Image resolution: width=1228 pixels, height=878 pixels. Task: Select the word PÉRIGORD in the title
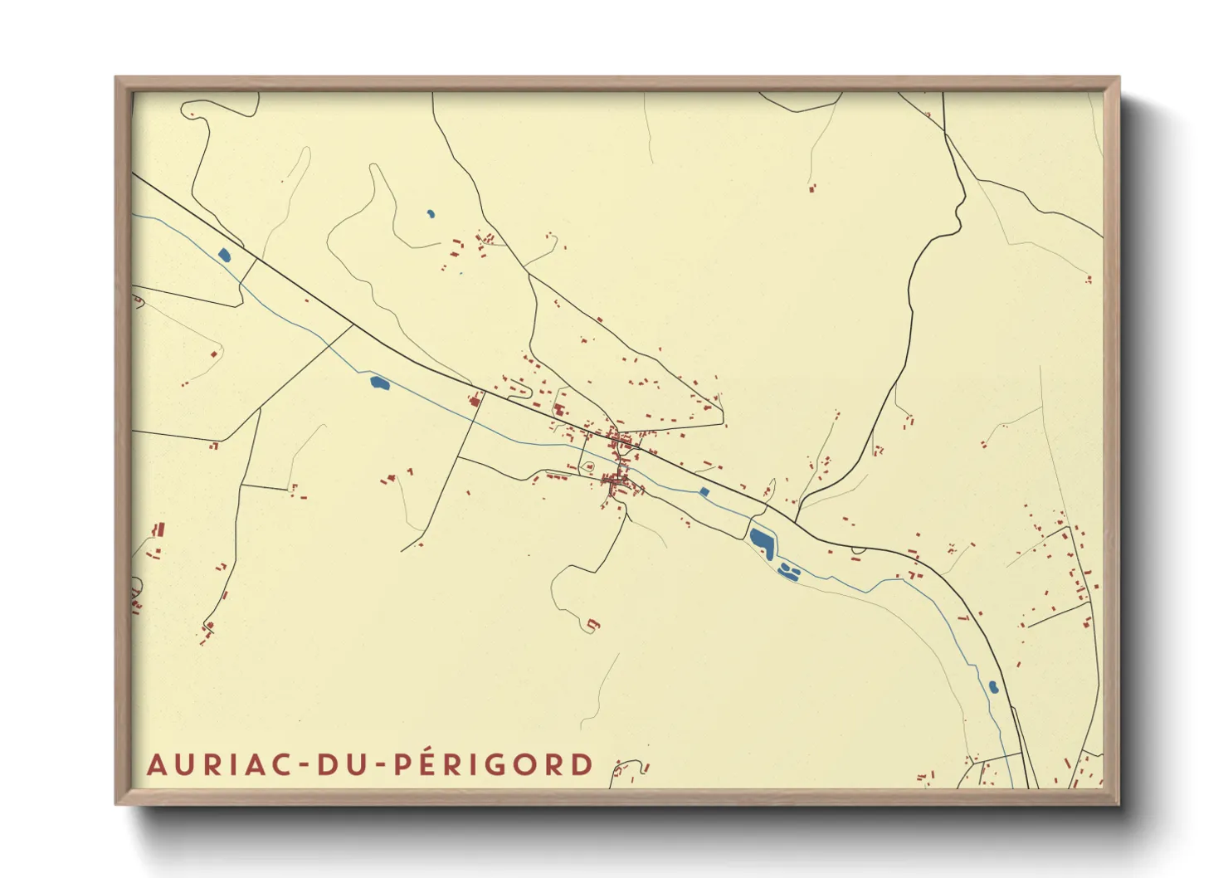[493, 764]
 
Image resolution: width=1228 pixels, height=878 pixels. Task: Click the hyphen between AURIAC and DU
[305, 766]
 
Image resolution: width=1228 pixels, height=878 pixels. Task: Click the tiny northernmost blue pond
[431, 214]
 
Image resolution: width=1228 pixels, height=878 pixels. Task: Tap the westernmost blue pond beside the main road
[224, 256]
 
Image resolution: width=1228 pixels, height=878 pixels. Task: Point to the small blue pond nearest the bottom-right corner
[992, 687]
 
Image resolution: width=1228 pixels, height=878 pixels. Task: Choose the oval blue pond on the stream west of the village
[378, 383]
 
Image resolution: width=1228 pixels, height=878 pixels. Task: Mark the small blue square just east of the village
[704, 492]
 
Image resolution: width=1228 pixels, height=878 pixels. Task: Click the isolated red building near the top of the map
[811, 189]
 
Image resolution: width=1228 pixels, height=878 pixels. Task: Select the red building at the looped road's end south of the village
[592, 624]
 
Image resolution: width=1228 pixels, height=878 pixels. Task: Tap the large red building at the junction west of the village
[475, 401]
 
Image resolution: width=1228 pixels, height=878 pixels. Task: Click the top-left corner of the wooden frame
[116, 78]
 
